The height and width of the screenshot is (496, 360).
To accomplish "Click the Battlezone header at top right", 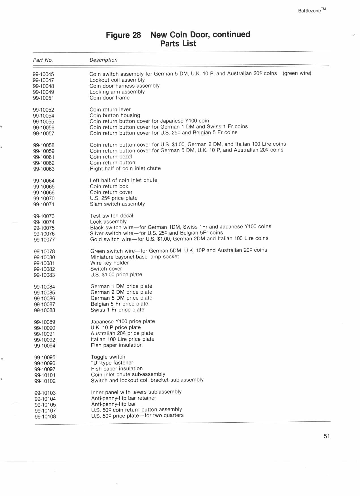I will [312, 10].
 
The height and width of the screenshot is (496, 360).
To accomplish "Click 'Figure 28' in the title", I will [123, 35].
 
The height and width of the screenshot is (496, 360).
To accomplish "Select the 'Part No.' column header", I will [43, 60].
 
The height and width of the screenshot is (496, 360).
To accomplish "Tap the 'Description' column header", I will [103, 60].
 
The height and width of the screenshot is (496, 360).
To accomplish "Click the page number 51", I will [327, 436].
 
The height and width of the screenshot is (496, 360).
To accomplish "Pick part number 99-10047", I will [43, 80].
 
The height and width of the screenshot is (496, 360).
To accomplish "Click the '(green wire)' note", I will [297, 73].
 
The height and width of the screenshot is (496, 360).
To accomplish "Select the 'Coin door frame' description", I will [109, 98].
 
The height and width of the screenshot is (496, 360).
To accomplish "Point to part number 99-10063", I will [44, 169].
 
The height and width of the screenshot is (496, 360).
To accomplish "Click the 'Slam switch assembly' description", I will [117, 204].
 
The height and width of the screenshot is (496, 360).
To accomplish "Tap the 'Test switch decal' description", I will [111, 216].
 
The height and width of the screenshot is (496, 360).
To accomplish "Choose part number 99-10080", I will [44, 257].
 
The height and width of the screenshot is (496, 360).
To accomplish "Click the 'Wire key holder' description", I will [109, 263].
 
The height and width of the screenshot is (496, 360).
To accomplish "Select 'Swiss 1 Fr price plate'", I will [117, 310].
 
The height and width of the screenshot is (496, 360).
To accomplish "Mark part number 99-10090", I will [45, 328].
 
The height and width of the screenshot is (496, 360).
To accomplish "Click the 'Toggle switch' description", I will [108, 357].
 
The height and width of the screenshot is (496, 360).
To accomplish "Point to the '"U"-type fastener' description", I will [112, 363].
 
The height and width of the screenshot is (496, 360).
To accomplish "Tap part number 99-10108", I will [45, 417].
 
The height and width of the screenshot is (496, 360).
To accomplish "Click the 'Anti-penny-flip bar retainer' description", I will [124, 398].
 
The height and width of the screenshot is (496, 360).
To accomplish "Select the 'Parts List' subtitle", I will [178, 44].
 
